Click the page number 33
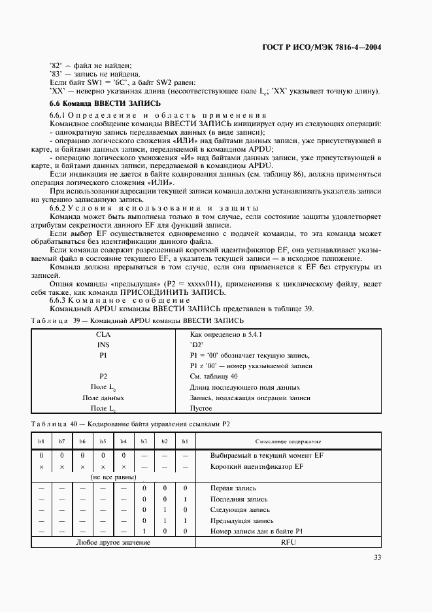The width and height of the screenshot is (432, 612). tap(377, 557)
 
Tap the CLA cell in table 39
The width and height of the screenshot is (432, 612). tap(103, 334)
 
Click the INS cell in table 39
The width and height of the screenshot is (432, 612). tap(103, 345)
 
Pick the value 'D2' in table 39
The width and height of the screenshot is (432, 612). tap(197, 345)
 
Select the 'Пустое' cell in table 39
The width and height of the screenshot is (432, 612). tap(201, 408)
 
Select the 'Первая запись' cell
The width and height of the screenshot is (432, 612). tap(233, 488)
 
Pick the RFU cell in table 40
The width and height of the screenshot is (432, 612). tap(288, 543)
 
